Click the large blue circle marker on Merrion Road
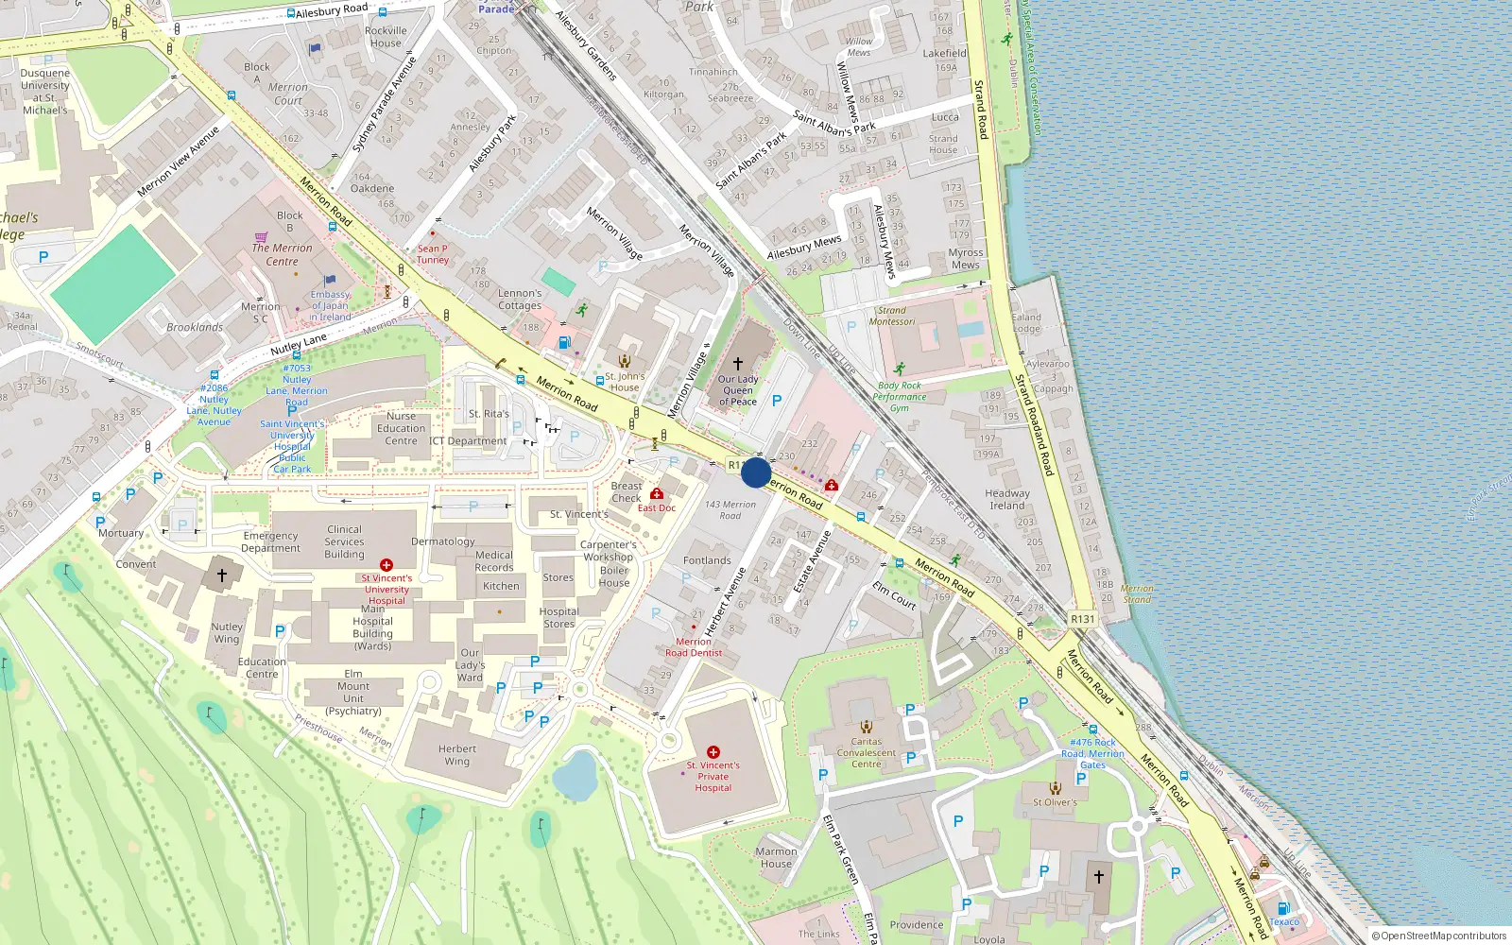point(756,472)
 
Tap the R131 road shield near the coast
point(1082,619)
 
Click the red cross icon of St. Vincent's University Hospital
point(386,565)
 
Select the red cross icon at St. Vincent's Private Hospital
point(713,752)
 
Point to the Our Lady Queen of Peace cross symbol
point(738,363)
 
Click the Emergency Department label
point(270,541)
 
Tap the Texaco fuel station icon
point(1283,909)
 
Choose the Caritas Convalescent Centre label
point(866,752)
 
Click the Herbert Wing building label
point(457,754)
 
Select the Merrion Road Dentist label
point(694,647)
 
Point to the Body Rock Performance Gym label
point(899,397)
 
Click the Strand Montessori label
point(892,316)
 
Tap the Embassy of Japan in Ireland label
point(330,305)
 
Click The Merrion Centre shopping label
point(282,254)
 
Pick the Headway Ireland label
point(1007,499)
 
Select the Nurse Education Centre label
point(401,428)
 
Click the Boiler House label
point(614,576)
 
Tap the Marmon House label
point(776,857)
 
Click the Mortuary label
point(121,533)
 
